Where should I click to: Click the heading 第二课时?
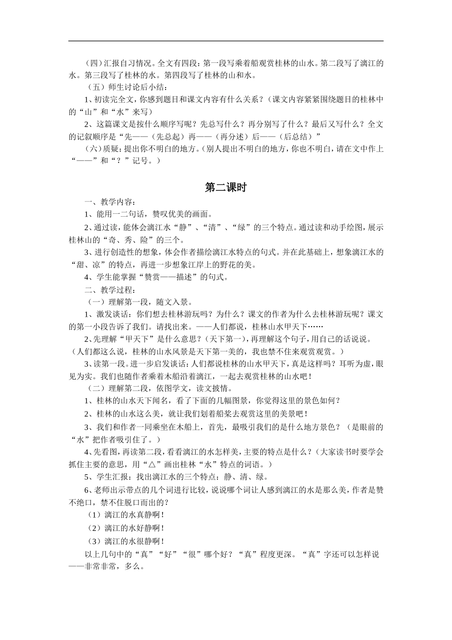226,188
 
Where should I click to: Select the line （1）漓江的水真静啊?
126,515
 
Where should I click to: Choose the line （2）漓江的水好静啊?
126,528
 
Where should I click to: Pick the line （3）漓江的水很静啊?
126,541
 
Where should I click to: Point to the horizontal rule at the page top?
226,41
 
